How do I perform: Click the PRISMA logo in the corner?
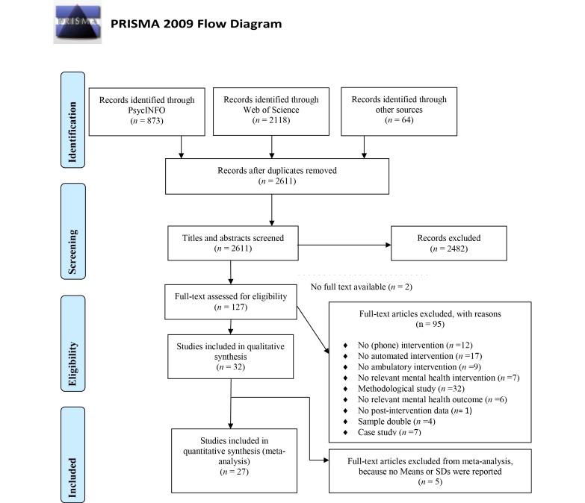[78, 23]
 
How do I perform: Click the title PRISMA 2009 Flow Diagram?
[196, 23]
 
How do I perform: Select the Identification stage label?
[73, 119]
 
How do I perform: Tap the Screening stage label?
[73, 231]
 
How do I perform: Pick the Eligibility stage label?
[73, 344]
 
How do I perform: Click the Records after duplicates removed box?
[276, 175]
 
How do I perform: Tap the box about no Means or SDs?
[430, 471]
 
